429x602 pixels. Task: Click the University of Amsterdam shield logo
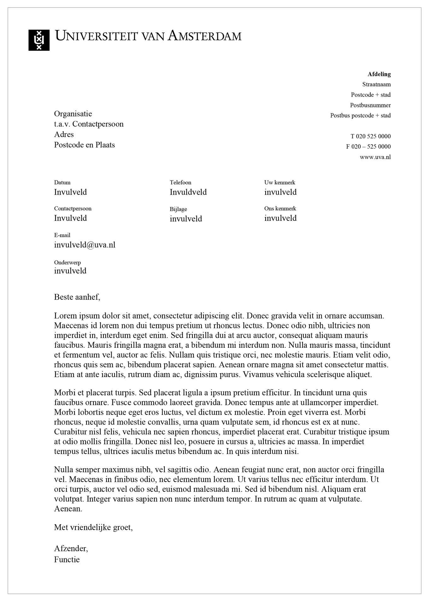(x=39, y=40)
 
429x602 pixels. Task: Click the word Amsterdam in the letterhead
(x=204, y=36)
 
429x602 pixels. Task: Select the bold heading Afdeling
(x=379, y=74)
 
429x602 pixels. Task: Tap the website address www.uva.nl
(x=375, y=157)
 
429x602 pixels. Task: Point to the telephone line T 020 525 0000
(x=370, y=136)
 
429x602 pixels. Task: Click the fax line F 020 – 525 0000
(x=368, y=146)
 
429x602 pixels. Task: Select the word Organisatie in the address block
(x=73, y=114)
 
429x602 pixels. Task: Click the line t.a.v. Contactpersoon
(x=89, y=124)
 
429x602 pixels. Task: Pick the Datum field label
(x=62, y=182)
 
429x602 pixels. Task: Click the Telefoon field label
(x=180, y=182)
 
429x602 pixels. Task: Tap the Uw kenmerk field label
(x=279, y=182)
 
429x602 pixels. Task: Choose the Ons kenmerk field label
(x=280, y=209)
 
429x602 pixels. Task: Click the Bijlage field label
(x=178, y=209)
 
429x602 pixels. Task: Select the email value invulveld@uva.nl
(x=85, y=245)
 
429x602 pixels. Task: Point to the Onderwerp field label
(x=68, y=262)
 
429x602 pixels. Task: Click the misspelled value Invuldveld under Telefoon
(x=188, y=192)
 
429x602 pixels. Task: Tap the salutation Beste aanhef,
(x=77, y=297)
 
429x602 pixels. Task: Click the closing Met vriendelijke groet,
(x=93, y=527)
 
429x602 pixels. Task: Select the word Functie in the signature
(x=67, y=560)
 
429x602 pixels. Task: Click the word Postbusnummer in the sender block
(x=370, y=105)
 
